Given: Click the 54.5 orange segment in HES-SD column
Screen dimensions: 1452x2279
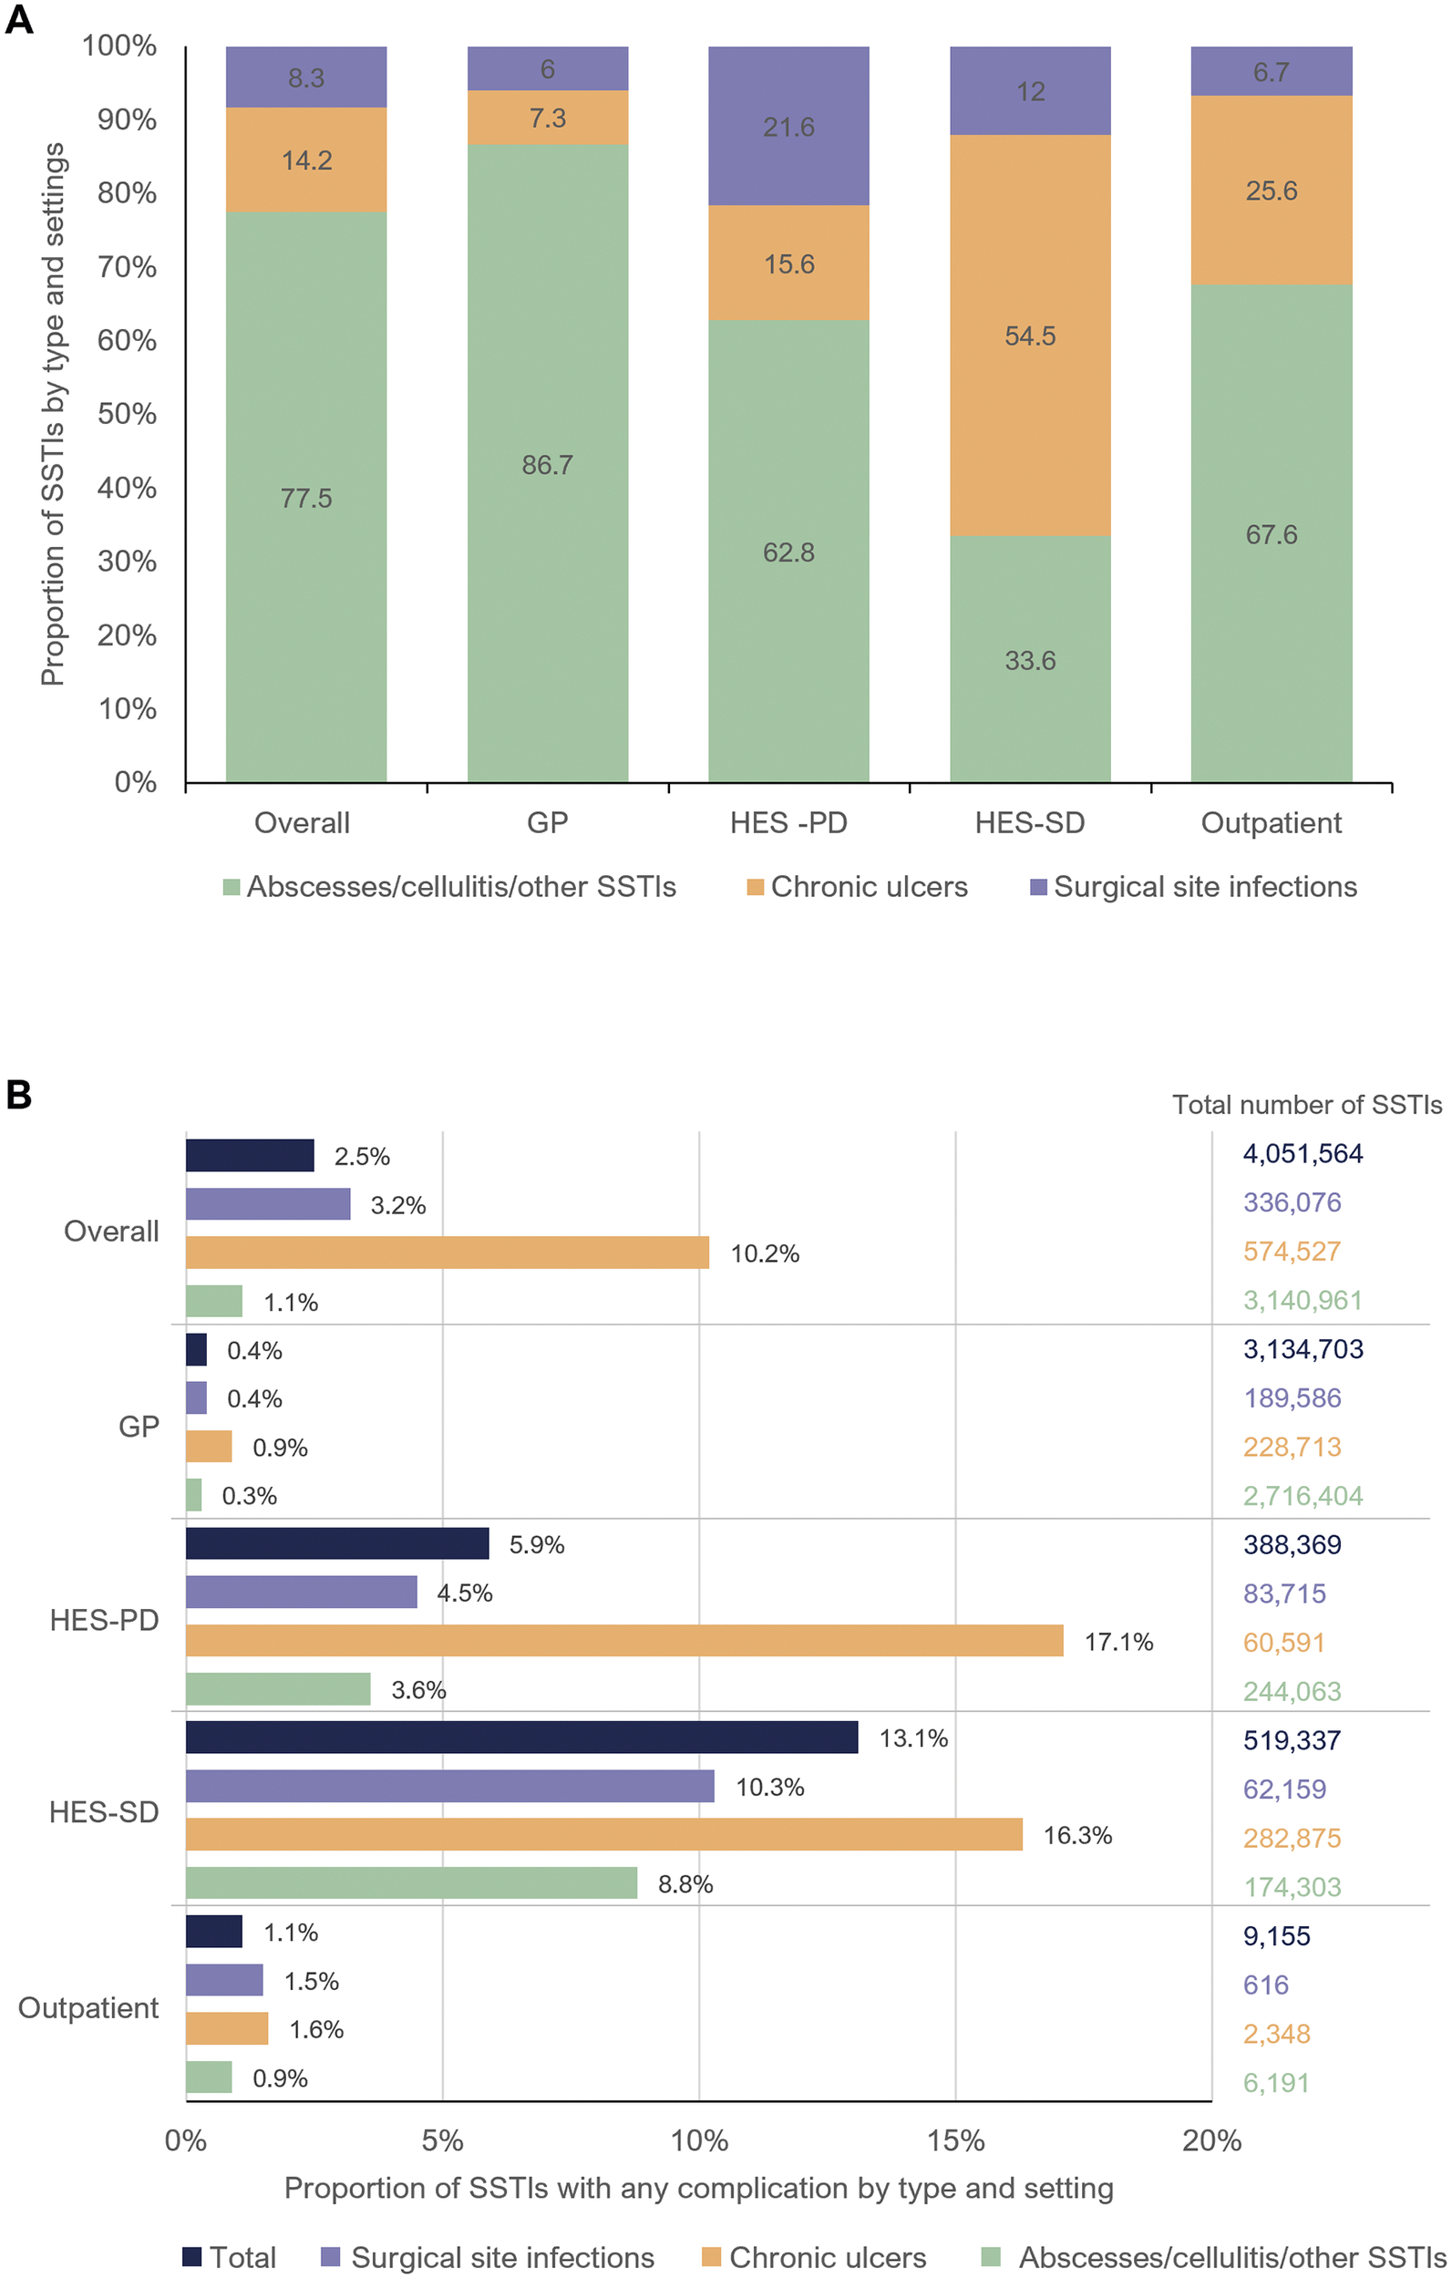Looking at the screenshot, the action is (1030, 335).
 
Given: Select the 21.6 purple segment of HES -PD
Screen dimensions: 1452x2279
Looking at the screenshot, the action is (788, 126).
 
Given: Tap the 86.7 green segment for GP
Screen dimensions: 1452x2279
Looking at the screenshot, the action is (547, 463).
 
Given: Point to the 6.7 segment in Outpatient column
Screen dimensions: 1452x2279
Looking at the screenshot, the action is (1272, 71).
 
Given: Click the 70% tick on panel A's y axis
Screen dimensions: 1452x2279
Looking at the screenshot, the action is (127, 267).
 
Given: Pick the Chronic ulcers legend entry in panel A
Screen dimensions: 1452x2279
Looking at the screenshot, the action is (858, 887).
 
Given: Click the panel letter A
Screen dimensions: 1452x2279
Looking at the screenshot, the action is (19, 20).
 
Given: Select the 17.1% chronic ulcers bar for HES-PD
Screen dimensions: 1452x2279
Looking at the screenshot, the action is (624, 1640).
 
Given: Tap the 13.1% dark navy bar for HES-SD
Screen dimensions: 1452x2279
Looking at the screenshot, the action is (521, 1737).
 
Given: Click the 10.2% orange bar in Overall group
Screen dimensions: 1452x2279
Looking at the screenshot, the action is (448, 1253).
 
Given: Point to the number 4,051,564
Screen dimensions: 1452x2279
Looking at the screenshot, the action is (1303, 1154).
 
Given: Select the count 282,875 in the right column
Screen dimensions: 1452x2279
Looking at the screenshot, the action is (1292, 1837).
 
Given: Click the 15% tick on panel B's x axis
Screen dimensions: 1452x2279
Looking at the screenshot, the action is (956, 2140).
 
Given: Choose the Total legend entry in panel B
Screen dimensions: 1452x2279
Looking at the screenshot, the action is (230, 2257).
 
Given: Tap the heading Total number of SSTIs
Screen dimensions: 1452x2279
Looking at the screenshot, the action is (1307, 1105).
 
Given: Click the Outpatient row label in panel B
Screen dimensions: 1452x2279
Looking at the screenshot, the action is (88, 2006).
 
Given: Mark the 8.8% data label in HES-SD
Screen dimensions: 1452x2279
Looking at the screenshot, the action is (685, 1883).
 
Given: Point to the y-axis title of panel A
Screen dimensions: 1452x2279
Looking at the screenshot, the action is (53, 414).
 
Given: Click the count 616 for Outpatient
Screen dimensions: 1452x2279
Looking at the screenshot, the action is (1265, 1984).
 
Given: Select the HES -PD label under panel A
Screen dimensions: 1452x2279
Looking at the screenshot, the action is (788, 822).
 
